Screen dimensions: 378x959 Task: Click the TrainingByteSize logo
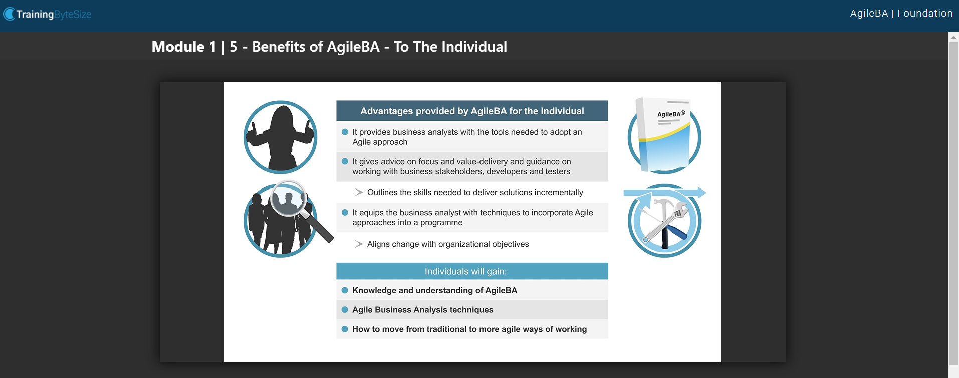[x=48, y=14]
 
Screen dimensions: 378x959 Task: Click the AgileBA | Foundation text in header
[x=901, y=14]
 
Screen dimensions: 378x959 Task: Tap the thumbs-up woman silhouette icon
[x=281, y=137]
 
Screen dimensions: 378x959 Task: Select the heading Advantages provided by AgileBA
[x=472, y=111]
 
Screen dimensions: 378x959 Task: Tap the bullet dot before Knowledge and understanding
[x=345, y=290]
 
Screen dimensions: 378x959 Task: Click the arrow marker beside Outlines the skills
[x=359, y=192]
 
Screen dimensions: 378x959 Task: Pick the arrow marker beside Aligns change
[x=359, y=244]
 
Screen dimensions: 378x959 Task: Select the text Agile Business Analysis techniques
[x=422, y=310]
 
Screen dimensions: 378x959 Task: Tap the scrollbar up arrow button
[x=953, y=37]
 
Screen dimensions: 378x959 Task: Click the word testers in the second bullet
[x=558, y=172]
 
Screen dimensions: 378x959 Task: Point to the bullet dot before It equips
[x=345, y=213]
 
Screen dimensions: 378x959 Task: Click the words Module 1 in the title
[x=184, y=47]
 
